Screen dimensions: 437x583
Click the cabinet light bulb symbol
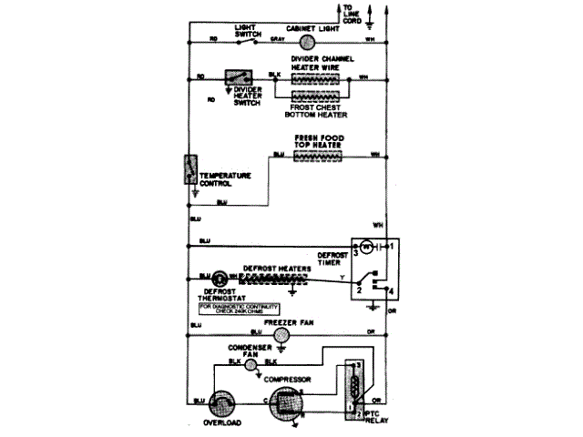pos(307,41)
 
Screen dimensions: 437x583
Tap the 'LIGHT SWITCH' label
pos(249,29)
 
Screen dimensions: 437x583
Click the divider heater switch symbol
pos(239,78)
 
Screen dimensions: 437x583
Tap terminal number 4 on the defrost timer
pos(392,290)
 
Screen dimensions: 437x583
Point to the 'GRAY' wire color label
pos(278,41)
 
